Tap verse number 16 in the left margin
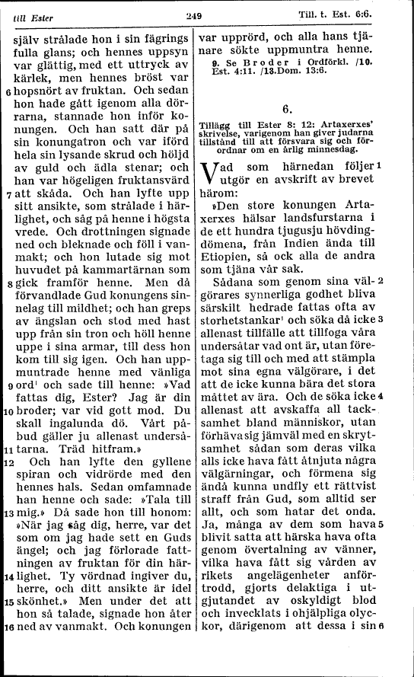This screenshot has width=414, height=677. point(7,628)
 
